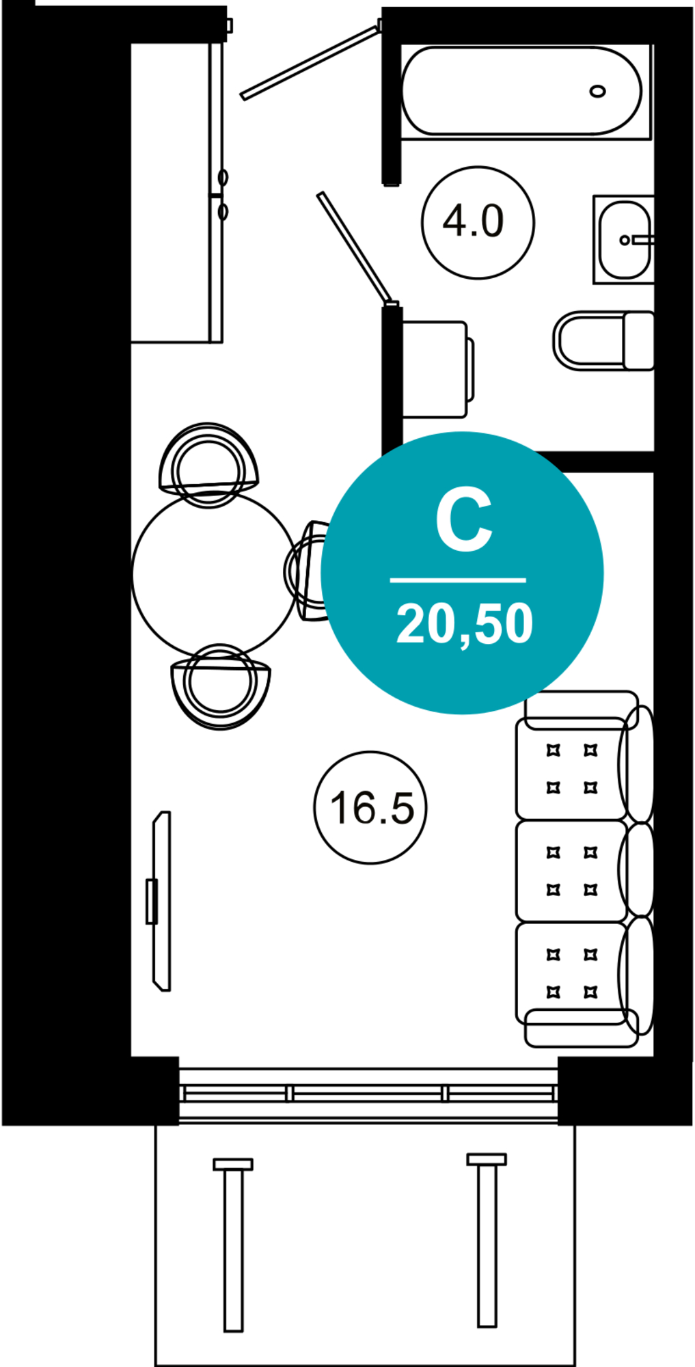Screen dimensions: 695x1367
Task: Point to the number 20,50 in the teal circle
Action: [464, 623]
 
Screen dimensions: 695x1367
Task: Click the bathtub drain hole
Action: [597, 91]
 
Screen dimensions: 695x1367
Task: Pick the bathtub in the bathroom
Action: [522, 91]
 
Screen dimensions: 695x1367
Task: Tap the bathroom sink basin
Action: [625, 239]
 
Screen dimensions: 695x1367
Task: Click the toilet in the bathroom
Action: [603, 340]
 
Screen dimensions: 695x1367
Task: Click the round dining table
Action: [214, 574]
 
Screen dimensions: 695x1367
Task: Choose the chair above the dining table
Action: [208, 465]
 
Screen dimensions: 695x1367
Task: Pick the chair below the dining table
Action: [221, 686]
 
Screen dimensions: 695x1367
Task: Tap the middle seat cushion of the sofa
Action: [571, 871]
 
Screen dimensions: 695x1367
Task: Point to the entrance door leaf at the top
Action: [310, 62]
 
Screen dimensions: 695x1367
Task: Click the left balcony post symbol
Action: [233, 1245]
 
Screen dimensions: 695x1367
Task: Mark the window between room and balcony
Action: [369, 1094]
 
